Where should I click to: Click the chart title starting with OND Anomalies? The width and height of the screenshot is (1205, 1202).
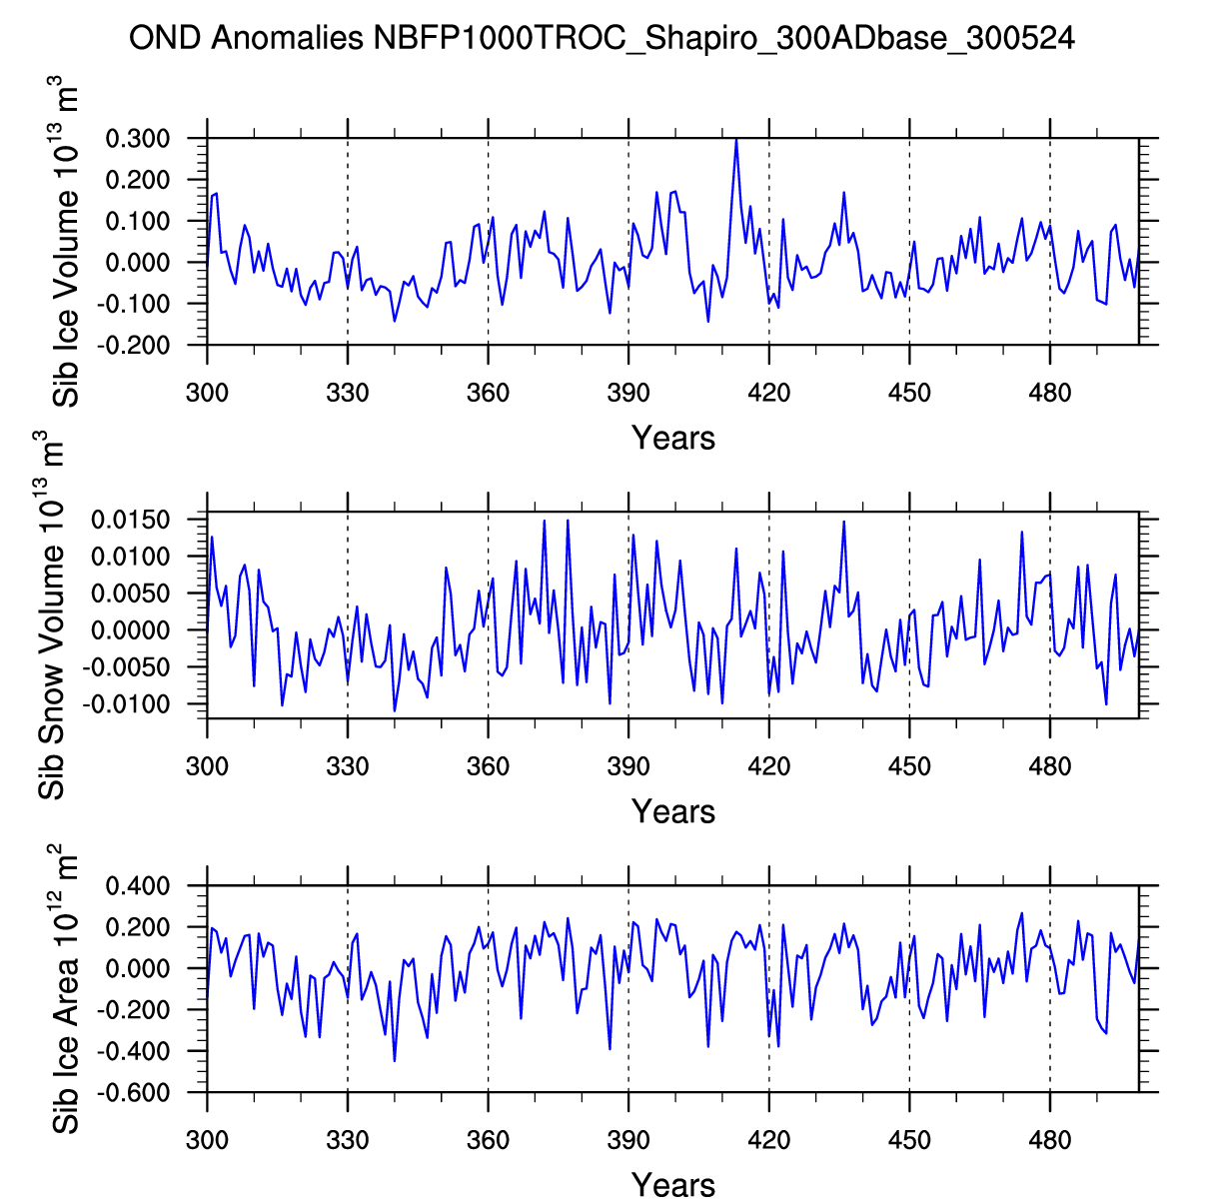pos(602,39)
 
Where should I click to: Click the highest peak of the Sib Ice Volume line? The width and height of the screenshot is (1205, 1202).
pos(736,140)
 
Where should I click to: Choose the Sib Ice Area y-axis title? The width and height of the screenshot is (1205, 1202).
pos(64,989)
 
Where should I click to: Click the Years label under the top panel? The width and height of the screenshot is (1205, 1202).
pos(672,438)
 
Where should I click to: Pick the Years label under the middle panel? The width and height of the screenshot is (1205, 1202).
pos(672,811)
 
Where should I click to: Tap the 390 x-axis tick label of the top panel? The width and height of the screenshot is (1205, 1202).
pos(628,393)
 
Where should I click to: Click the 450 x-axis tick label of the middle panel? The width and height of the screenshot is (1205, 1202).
pos(909,766)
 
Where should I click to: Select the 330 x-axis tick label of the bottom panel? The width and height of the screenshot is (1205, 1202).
pos(348,1140)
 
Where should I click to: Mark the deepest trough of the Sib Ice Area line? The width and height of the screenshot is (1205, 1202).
pos(395,1061)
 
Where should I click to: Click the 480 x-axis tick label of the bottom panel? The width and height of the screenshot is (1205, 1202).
pos(1050,1140)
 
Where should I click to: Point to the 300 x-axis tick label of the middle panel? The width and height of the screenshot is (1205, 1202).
pos(207,766)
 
